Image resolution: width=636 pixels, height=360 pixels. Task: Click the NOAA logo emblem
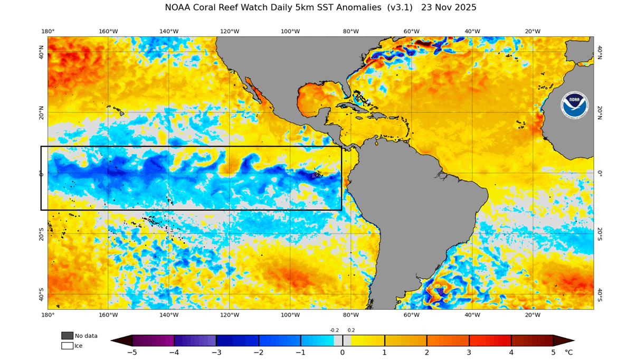click(575, 105)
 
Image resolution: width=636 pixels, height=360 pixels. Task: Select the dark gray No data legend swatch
click(67, 336)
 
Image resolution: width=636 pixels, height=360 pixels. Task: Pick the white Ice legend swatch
click(67, 346)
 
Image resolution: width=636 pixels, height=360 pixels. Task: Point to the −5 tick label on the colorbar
click(132, 353)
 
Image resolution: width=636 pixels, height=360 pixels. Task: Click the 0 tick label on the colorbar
click(343, 353)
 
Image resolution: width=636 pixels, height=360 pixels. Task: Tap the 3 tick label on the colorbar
click(469, 353)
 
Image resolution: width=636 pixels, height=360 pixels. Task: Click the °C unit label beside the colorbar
click(568, 353)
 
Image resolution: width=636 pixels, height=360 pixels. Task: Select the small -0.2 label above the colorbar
click(334, 330)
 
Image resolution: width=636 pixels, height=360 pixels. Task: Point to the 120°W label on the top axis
click(230, 31)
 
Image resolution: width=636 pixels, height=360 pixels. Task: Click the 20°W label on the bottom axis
click(533, 315)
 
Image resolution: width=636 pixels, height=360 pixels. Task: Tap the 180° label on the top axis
click(48, 31)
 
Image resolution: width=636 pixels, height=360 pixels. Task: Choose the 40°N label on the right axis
click(600, 51)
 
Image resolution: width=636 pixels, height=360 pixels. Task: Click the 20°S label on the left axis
click(41, 233)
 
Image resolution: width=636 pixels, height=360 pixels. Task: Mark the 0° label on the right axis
click(600, 173)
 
